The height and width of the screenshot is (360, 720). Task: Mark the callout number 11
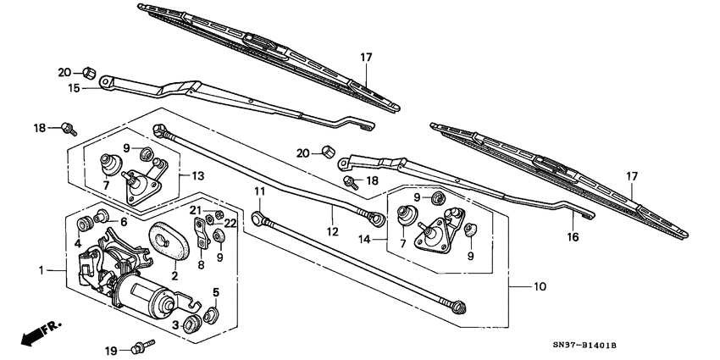(259, 192)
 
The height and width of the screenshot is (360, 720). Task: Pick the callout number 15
(74, 87)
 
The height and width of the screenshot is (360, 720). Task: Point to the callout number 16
(573, 237)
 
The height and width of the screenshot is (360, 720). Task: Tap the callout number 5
(215, 292)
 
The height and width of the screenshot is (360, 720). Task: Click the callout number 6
(124, 221)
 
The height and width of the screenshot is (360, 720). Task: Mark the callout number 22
(230, 222)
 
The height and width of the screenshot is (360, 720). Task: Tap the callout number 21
(194, 209)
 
